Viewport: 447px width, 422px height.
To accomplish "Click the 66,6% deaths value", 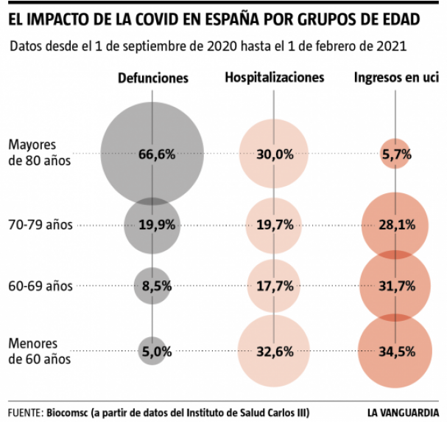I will point(156,154).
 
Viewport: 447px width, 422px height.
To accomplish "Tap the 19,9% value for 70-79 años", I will point(156,225).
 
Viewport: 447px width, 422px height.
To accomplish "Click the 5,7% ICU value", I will point(396,154).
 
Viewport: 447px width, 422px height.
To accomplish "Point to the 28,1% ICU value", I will point(396,225).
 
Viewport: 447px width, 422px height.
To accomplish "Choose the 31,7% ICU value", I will point(396,286).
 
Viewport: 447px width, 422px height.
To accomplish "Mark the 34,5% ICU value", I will point(396,352).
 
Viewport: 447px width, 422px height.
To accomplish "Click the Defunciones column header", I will point(153,77).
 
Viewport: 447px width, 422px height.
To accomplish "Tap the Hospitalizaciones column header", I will point(275,77).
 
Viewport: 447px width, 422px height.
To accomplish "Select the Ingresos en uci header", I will point(395,77).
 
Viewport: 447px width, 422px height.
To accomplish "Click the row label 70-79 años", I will point(40,225).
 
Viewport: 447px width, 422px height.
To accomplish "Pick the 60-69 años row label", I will point(40,286).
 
